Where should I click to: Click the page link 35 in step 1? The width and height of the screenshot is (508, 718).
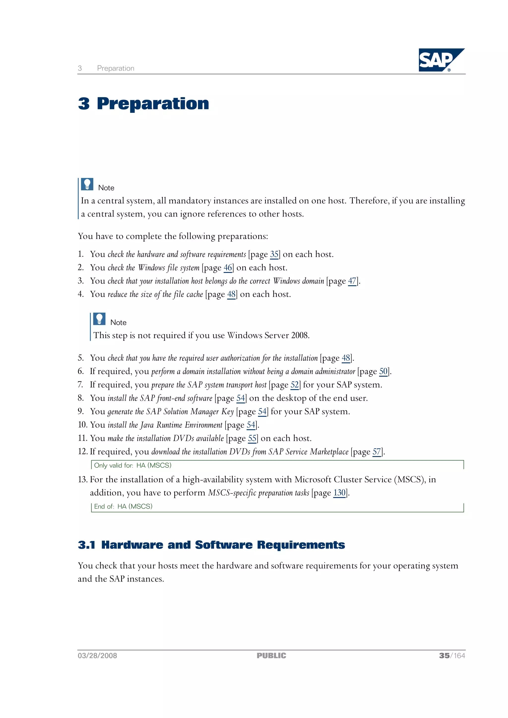pyautogui.click(x=274, y=254)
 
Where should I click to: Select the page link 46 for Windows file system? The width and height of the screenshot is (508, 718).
pyautogui.click(x=227, y=268)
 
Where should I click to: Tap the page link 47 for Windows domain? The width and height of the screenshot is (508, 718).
pyautogui.click(x=352, y=281)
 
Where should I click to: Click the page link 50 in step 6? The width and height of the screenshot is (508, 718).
pyautogui.click(x=383, y=372)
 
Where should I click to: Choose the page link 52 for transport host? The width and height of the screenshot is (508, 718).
pyautogui.click(x=294, y=385)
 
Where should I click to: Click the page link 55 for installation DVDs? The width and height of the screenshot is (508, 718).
pyautogui.click(x=252, y=438)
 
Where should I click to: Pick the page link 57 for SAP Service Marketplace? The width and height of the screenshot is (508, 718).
pyautogui.click(x=376, y=452)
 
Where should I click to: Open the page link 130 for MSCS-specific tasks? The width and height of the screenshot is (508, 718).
pyautogui.click(x=339, y=493)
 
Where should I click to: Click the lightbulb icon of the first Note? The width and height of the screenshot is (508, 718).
pyautogui.click(x=87, y=184)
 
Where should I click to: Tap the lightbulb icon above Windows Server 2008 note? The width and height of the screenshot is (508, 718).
pyautogui.click(x=99, y=319)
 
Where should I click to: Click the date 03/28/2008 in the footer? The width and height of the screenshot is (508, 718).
pyautogui.click(x=97, y=656)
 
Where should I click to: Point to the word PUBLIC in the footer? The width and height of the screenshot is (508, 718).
pyautogui.click(x=271, y=656)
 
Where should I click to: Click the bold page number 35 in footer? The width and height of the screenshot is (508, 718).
pyautogui.click(x=444, y=656)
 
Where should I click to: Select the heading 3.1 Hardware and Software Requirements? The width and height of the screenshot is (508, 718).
pyautogui.click(x=211, y=545)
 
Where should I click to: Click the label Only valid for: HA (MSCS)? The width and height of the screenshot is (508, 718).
pyautogui.click(x=133, y=465)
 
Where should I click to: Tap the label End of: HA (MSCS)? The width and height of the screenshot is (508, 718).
pyautogui.click(x=123, y=506)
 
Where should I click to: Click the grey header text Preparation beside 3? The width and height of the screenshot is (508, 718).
pyautogui.click(x=116, y=68)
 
